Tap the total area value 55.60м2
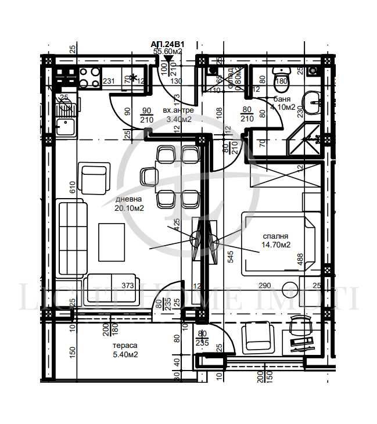(x=167, y=52)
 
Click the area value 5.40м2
(x=125, y=354)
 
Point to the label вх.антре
(x=177, y=110)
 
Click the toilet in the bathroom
(x=281, y=77)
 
